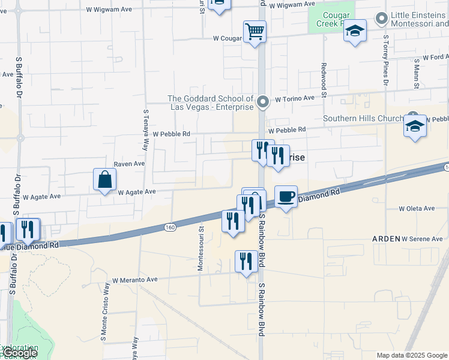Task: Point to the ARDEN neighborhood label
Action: point(386,239)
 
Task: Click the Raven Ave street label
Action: point(130,164)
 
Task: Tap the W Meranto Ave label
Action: point(134,280)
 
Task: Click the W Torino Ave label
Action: point(295,98)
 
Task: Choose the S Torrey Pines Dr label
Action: point(386,60)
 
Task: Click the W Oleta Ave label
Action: point(417,209)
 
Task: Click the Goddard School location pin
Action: point(262,103)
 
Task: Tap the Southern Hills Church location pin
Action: point(412,115)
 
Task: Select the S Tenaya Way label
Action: point(146,130)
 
